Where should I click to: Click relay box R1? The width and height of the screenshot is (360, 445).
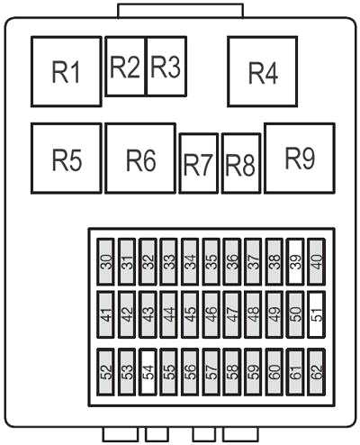click(67, 71)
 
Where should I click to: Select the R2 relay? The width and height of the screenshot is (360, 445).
click(126, 67)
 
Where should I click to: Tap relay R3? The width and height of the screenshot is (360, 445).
click(166, 67)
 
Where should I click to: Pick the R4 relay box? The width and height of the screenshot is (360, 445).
click(263, 71)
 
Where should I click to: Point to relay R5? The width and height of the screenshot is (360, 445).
click(67, 158)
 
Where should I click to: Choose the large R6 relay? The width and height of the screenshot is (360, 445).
click(140, 158)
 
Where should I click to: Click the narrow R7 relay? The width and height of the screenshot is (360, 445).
click(199, 163)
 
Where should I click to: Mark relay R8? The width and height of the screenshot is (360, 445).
click(241, 163)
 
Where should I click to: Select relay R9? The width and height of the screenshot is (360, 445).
click(300, 158)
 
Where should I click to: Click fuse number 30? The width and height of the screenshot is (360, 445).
click(105, 261)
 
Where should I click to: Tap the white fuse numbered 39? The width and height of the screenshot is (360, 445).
click(295, 261)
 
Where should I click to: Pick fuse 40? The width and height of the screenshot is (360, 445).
click(317, 261)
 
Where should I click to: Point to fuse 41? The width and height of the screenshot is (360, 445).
click(105, 314)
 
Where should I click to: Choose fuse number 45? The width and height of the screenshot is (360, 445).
click(190, 314)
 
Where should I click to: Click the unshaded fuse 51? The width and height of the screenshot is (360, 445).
click(317, 314)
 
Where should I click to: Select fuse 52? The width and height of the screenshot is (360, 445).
click(105, 372)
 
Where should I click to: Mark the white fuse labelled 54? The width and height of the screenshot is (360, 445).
click(148, 372)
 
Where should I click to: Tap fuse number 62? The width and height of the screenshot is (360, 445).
click(317, 372)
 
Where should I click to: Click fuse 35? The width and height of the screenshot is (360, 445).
click(211, 261)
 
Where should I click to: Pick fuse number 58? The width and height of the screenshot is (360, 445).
click(232, 372)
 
